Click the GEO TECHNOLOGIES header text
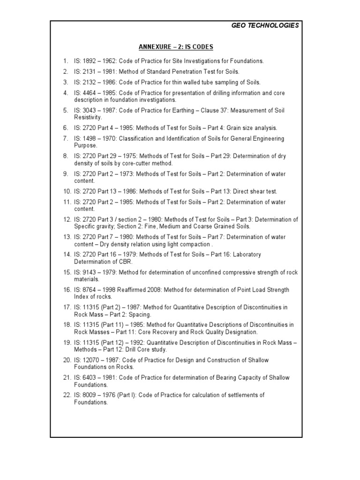265,25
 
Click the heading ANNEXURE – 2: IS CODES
176,47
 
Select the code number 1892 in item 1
90,61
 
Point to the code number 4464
90,93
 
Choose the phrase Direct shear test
254,191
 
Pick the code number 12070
92,360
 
